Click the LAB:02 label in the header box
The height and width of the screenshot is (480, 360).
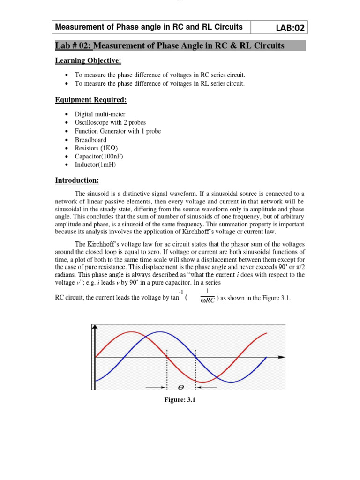(285, 28)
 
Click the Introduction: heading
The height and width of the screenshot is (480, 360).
(77, 180)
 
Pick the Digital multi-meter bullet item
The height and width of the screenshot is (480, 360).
(100, 114)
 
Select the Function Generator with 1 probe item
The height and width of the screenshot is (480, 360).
(118, 131)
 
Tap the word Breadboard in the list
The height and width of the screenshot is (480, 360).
(90, 140)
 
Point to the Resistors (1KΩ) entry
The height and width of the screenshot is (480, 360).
(93, 148)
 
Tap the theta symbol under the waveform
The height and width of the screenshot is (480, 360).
(180, 387)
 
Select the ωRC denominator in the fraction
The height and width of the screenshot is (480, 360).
(207, 300)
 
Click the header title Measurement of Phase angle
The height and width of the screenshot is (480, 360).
(149, 27)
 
